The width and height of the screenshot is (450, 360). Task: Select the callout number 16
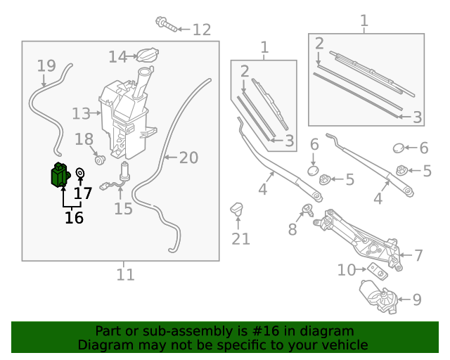click(x=74, y=218)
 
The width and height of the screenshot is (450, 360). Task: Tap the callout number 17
click(x=82, y=193)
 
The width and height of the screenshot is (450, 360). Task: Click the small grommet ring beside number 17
click(x=80, y=173)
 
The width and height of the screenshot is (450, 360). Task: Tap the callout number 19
click(x=46, y=66)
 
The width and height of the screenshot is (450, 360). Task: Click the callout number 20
click(x=188, y=158)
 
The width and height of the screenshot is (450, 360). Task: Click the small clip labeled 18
click(x=100, y=158)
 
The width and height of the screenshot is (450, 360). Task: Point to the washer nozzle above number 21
click(x=237, y=210)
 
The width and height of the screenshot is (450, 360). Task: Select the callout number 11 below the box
click(x=125, y=274)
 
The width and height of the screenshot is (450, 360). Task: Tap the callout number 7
click(x=418, y=255)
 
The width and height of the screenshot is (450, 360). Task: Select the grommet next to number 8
click(x=307, y=208)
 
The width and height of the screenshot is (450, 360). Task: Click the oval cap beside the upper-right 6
click(x=398, y=148)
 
